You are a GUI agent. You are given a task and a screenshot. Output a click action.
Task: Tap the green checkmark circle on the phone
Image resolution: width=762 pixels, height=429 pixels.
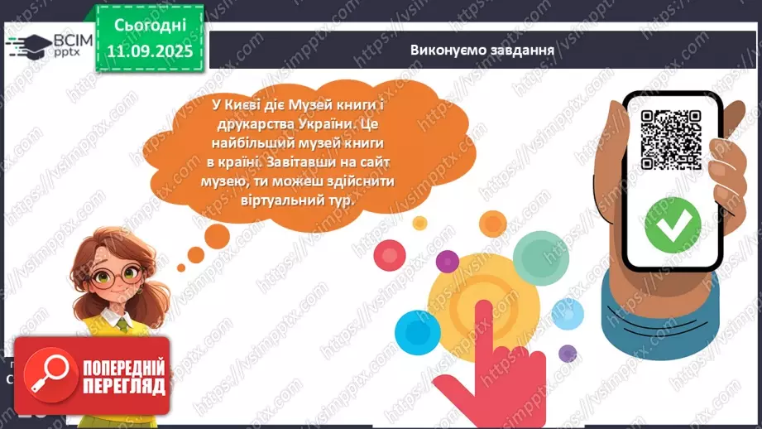click(673, 224)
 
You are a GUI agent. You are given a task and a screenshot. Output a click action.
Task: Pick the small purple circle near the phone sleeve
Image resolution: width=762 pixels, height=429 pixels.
click(568, 354)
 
